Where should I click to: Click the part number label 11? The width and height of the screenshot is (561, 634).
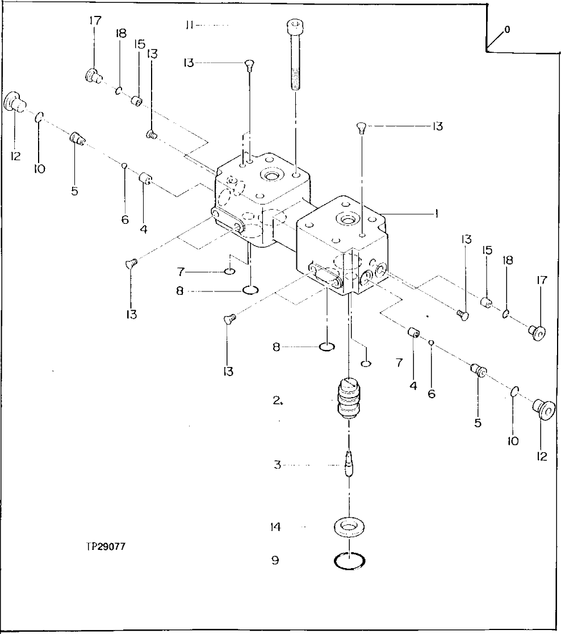(190, 26)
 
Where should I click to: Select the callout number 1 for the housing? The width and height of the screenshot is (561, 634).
(436, 214)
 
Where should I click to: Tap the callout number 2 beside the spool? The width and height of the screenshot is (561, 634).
(277, 401)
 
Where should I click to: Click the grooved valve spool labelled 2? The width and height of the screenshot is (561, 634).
(349, 398)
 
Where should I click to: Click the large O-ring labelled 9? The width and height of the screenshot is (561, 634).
(350, 561)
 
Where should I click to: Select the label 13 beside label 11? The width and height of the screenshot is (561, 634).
(189, 62)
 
